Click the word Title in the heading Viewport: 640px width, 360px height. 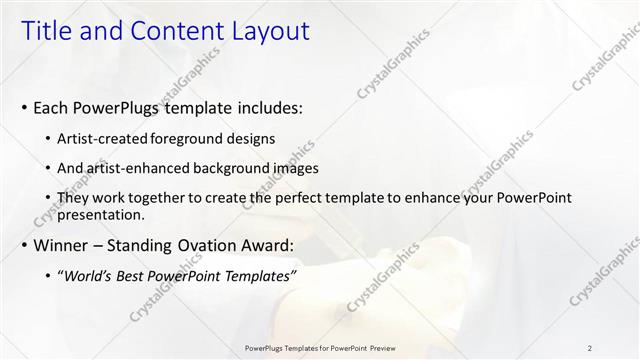pos(47,32)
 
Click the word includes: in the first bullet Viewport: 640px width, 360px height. pos(263,107)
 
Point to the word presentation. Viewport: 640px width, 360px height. pos(101,214)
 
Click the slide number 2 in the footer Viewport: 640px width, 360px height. pos(589,347)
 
